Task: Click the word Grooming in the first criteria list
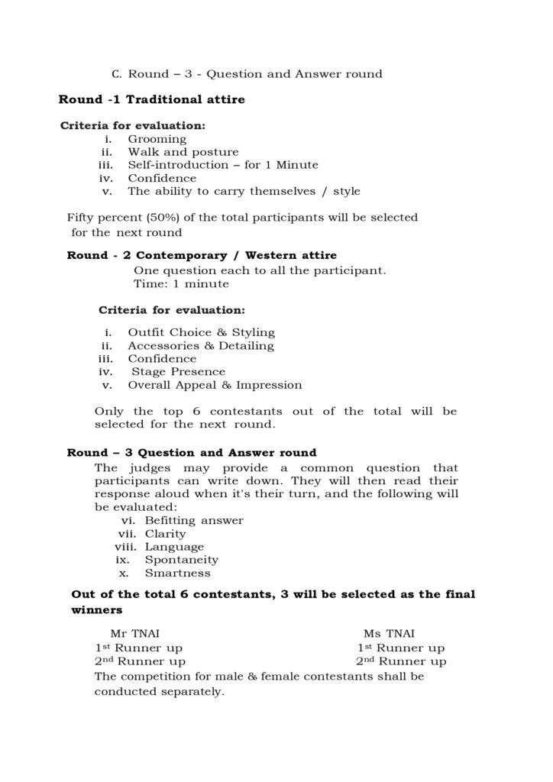[x=157, y=139]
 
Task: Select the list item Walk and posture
[x=183, y=152]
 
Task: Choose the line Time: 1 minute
[x=181, y=283]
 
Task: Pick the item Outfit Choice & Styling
[x=201, y=333]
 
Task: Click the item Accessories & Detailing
[x=200, y=346]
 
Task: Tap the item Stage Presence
[x=178, y=372]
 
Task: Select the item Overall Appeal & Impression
[x=215, y=385]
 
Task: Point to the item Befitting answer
[x=194, y=521]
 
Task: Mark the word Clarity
[x=165, y=534]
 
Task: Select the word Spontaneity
[x=181, y=560]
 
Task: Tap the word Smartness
[x=177, y=573]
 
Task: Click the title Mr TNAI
[x=134, y=633]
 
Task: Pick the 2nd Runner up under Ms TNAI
[x=400, y=661]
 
